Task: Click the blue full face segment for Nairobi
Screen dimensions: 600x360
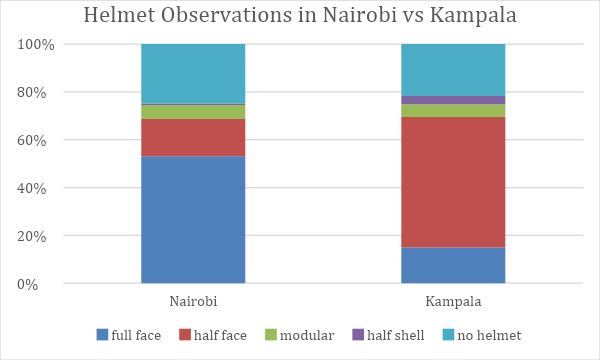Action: [x=193, y=220]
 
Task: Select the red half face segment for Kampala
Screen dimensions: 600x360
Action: [x=453, y=182]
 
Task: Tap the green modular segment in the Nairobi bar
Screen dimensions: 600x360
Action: [x=193, y=112]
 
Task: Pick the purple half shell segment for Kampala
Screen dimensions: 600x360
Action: [x=453, y=100]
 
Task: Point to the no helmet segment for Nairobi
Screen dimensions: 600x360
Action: [x=193, y=73]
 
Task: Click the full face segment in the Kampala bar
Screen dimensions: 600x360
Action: [x=453, y=266]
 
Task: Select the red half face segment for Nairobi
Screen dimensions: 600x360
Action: [x=193, y=137]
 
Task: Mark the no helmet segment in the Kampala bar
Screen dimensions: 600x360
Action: [x=453, y=70]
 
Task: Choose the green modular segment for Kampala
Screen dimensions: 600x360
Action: [x=453, y=111]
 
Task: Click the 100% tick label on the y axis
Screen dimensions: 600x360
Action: [x=36, y=45]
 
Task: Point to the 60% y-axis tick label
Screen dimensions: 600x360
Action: [x=31, y=140]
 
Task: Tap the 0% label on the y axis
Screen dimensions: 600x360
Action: [x=27, y=284]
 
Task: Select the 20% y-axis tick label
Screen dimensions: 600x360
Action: [x=31, y=236]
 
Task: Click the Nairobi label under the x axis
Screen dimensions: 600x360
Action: [x=193, y=301]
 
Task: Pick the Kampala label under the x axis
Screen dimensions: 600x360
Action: [x=453, y=301]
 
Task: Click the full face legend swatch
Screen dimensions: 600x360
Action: [x=102, y=335]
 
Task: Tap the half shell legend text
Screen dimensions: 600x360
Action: [x=396, y=335]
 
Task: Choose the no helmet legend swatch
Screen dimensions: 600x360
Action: [x=448, y=335]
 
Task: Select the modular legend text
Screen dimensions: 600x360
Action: [x=307, y=335]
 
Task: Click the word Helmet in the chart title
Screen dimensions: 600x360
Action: [x=120, y=15]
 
